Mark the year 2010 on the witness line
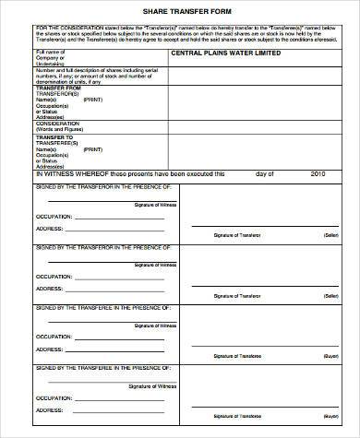tap(319, 172)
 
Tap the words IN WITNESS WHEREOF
tap(69, 172)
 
